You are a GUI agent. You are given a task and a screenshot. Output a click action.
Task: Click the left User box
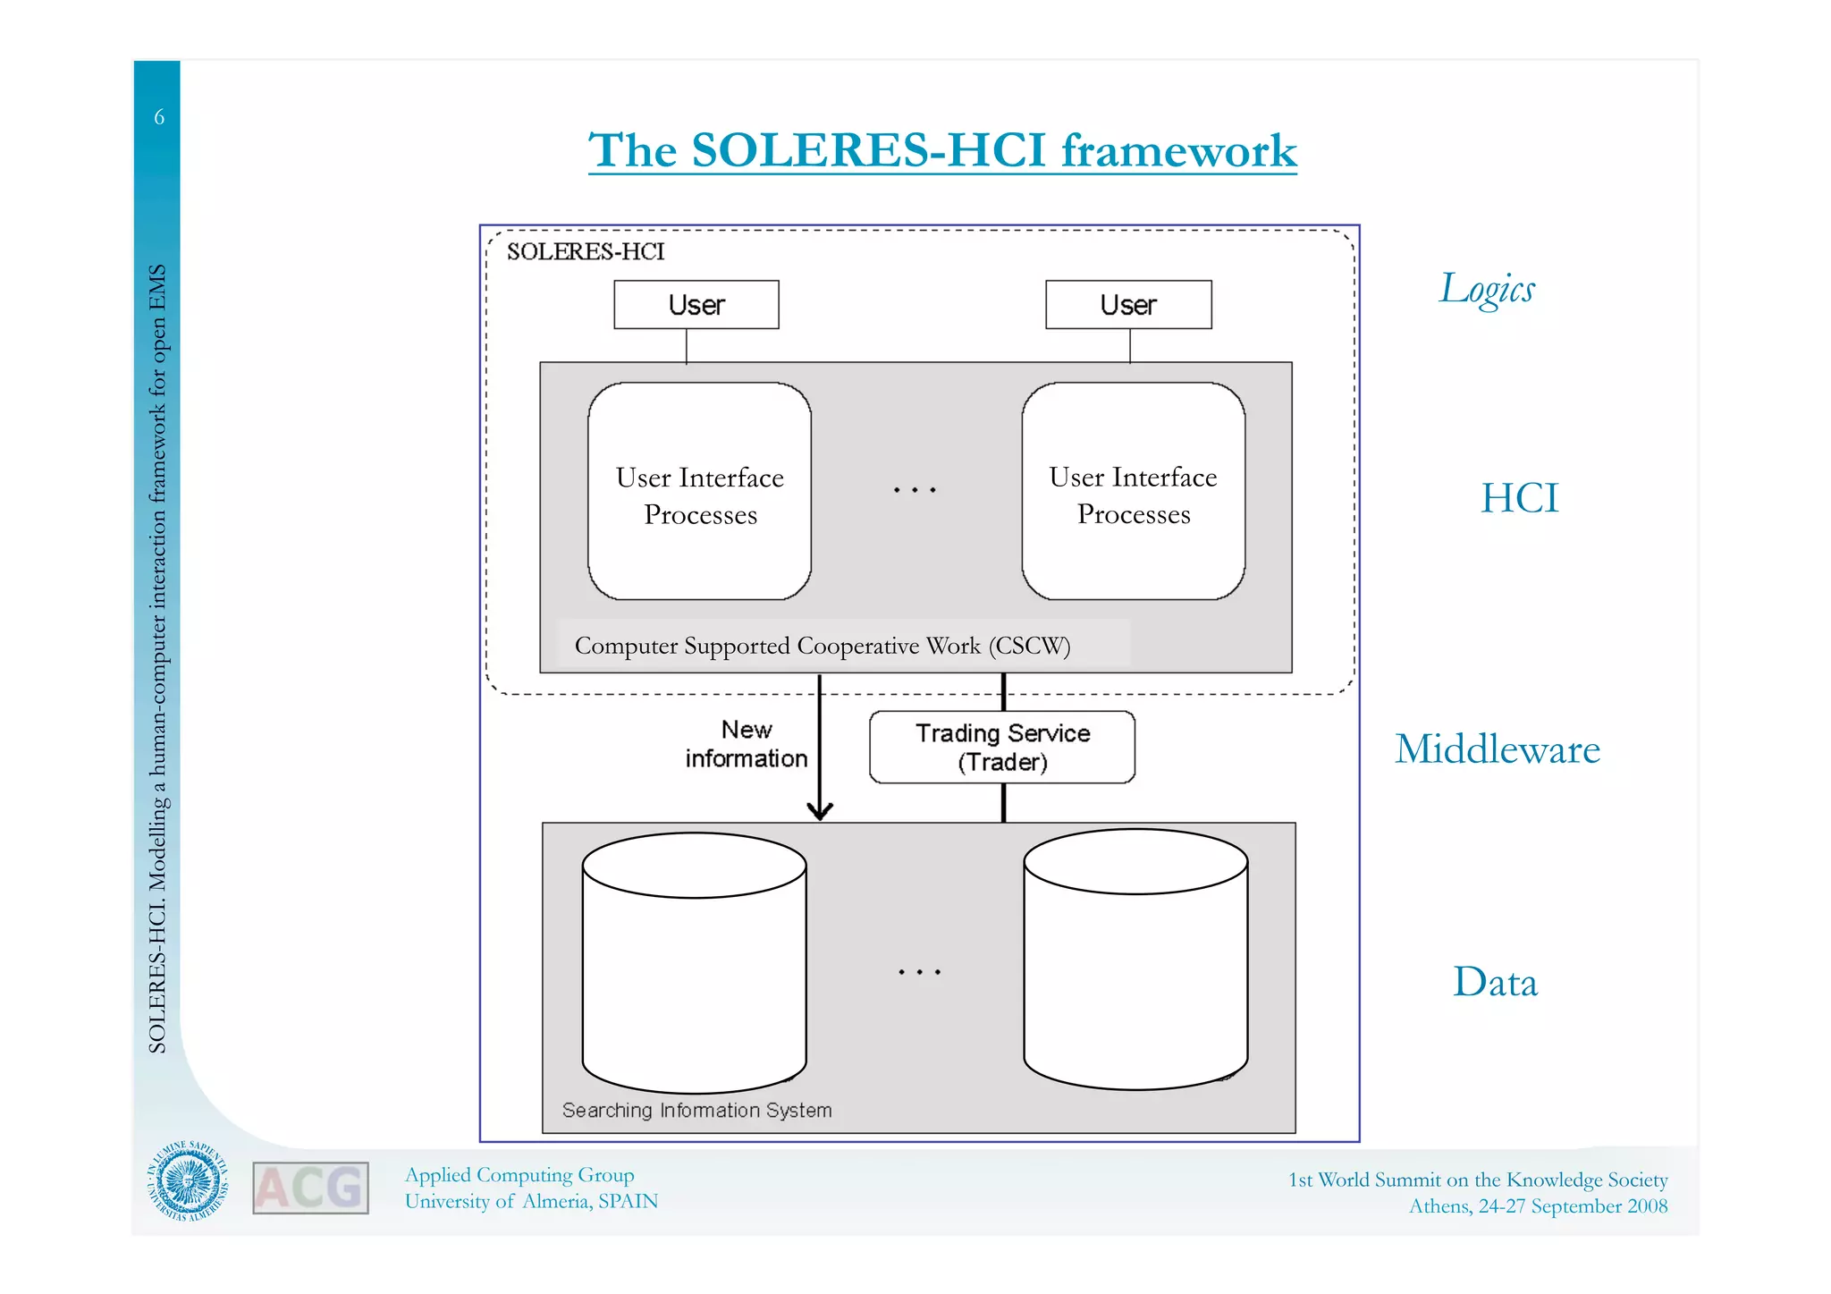click(x=696, y=305)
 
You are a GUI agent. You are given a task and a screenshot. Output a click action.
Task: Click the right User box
click(x=1128, y=305)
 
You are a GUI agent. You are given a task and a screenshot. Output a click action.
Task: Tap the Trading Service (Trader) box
click(x=1002, y=748)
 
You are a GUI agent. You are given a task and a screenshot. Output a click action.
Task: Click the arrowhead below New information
click(x=820, y=810)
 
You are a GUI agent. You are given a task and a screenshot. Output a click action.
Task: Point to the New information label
click(x=747, y=744)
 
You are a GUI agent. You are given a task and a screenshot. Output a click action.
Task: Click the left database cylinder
click(x=694, y=964)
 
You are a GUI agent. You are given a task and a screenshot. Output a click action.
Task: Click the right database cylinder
click(x=1135, y=960)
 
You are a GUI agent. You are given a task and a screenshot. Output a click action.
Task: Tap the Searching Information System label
click(x=696, y=1110)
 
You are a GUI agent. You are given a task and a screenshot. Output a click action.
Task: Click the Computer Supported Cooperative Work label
click(x=822, y=646)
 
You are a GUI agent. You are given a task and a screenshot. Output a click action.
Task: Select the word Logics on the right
click(x=1487, y=289)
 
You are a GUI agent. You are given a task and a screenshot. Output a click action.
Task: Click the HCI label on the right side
click(x=1519, y=498)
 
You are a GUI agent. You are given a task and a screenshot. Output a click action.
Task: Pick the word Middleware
click(x=1497, y=749)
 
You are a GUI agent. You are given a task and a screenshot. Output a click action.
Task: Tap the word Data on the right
click(x=1495, y=982)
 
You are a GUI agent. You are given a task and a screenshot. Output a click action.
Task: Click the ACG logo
click(x=310, y=1188)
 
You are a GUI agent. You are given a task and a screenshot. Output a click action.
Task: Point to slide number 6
click(x=159, y=117)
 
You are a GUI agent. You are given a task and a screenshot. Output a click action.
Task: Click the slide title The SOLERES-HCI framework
click(x=942, y=150)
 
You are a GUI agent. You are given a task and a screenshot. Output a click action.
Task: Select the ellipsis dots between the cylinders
click(x=919, y=972)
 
